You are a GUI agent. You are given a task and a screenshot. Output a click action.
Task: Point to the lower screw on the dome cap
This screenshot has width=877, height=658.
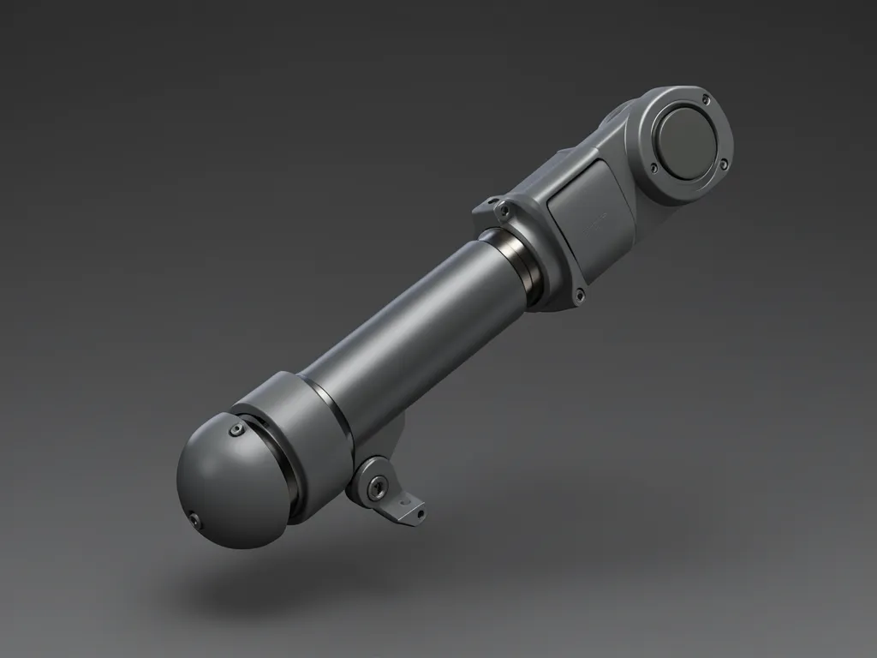click(x=196, y=519)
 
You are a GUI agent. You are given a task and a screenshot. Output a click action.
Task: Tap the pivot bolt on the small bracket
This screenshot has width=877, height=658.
click(x=376, y=487)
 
